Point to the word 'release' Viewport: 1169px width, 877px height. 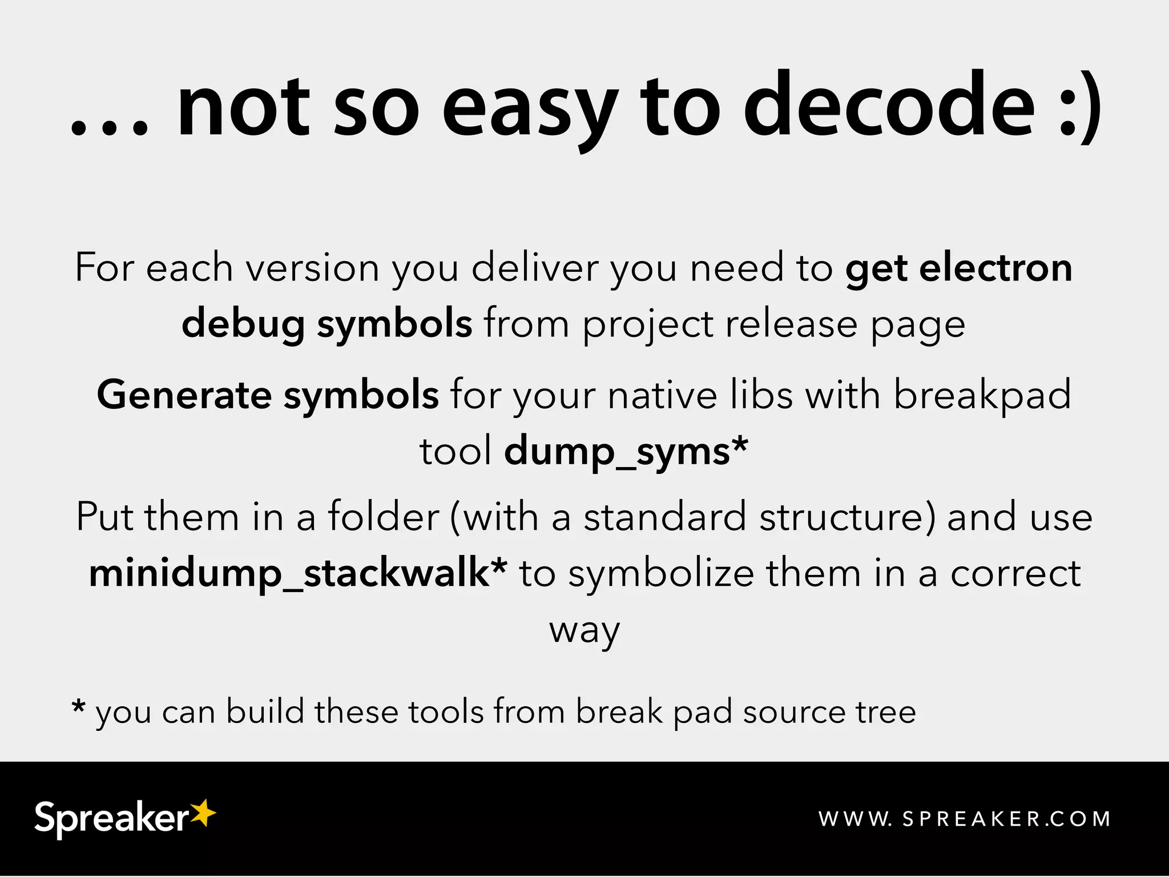point(791,324)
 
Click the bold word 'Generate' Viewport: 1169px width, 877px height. point(184,395)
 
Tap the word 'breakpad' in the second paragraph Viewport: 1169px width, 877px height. point(982,395)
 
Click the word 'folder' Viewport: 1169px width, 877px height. point(383,517)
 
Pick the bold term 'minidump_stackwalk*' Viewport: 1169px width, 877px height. point(298,573)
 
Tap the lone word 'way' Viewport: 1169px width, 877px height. point(584,631)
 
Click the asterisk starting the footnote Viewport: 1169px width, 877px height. point(79,707)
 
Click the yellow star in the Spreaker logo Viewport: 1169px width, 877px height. point(203,812)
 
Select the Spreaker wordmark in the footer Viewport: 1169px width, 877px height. point(111,819)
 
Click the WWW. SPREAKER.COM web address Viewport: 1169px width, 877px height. point(964,819)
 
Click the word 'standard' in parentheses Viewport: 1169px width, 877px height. point(664,517)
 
